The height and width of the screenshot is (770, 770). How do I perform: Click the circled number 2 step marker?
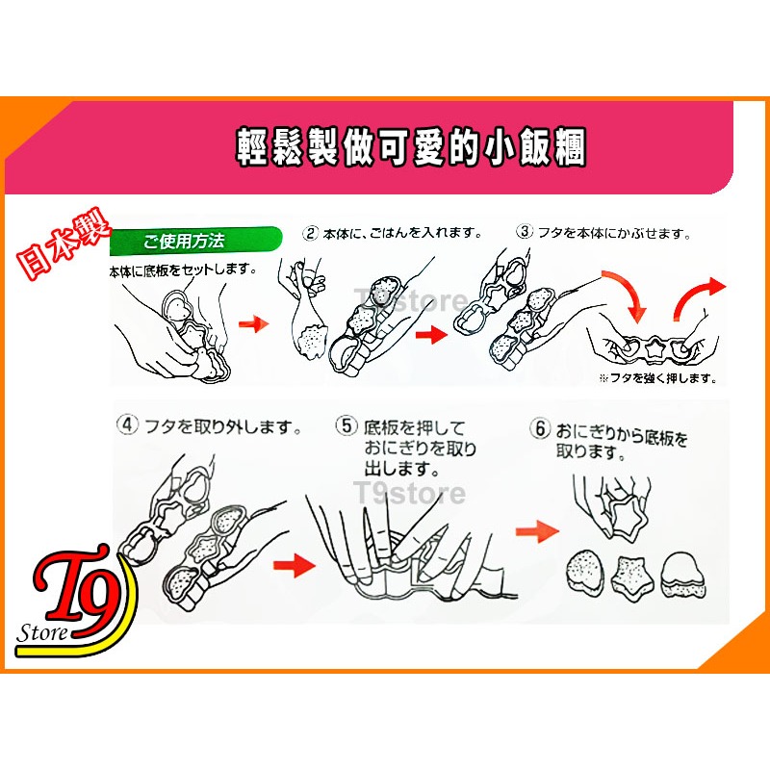[311, 233]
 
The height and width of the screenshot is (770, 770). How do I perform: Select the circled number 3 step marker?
[525, 232]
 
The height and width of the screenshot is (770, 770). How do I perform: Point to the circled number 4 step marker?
[127, 424]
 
